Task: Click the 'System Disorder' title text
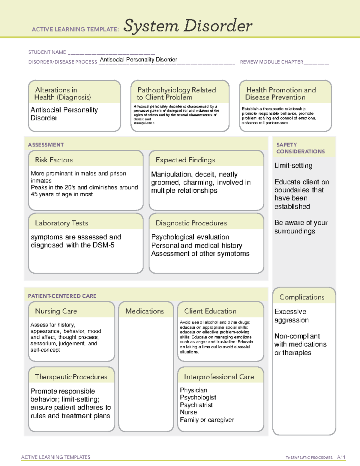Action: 188,26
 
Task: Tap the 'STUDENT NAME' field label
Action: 47,52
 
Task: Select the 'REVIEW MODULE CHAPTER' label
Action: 271,62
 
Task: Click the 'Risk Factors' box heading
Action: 54,160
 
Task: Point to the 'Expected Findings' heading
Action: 185,160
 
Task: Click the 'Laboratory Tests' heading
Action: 61,223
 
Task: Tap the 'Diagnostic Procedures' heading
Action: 191,223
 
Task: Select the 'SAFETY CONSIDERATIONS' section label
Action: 300,148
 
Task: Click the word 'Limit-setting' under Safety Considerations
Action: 293,165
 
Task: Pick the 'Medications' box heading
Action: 145,311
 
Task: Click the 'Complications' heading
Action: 302,297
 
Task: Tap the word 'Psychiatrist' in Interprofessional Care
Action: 196,405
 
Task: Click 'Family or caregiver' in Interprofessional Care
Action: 207,420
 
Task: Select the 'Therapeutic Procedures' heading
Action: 71,377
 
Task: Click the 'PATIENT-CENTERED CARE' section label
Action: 62,296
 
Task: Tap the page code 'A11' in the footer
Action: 341,457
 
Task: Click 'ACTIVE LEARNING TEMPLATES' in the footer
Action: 56,457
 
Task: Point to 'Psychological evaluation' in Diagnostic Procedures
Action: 190,237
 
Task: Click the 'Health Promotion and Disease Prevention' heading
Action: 281,94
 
